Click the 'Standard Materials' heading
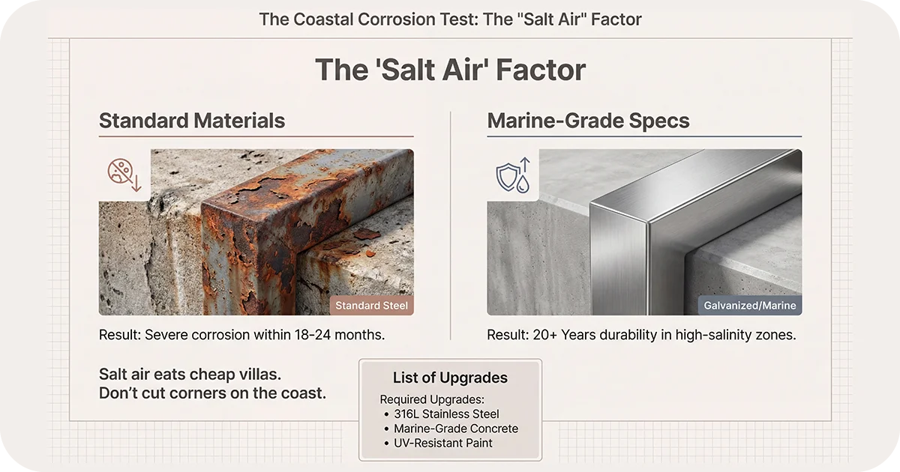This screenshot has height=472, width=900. (x=192, y=121)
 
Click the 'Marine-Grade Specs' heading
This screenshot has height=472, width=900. (x=588, y=121)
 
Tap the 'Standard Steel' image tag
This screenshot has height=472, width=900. (x=371, y=306)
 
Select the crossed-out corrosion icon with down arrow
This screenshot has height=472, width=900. (x=124, y=174)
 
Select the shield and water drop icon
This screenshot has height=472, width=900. (x=512, y=174)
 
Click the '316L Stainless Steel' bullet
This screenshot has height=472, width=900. (x=446, y=414)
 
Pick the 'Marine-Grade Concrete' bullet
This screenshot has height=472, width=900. (x=456, y=429)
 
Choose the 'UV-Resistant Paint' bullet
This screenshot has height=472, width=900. (x=443, y=443)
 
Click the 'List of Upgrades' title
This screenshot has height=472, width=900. (x=450, y=378)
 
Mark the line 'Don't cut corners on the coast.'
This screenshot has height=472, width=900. (x=212, y=393)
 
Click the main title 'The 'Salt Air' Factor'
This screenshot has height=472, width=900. (x=450, y=70)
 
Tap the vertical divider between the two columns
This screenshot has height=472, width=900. (x=450, y=225)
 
